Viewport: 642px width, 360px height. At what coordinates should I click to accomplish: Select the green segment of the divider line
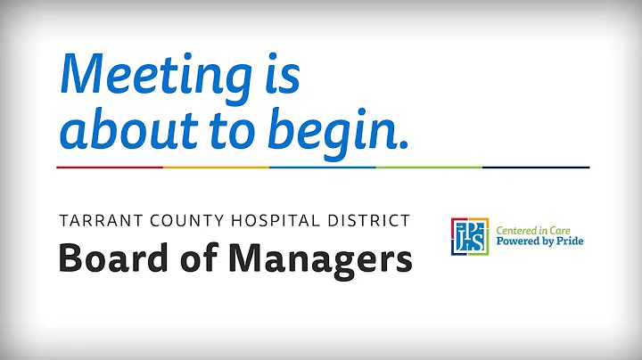coord(429,167)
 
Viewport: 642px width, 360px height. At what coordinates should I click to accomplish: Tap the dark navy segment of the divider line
coord(535,167)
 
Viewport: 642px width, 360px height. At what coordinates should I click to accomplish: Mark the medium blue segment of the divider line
coord(322,167)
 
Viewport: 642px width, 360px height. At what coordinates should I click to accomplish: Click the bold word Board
coord(105,259)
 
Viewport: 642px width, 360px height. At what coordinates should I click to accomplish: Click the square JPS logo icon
coord(472,235)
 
